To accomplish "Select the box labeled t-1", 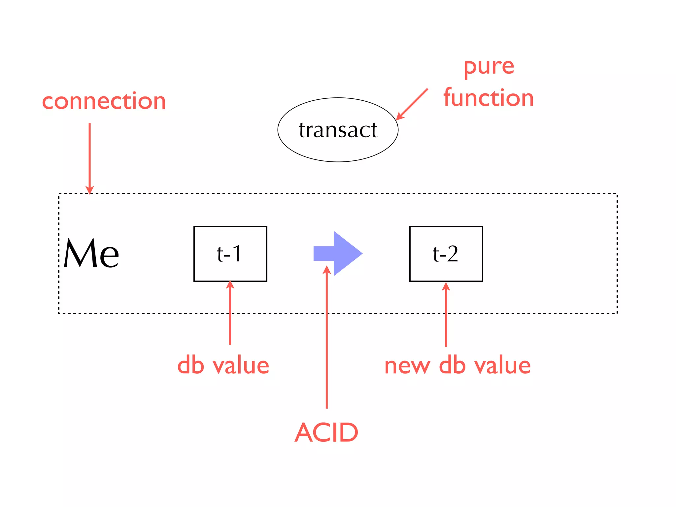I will pos(230,253).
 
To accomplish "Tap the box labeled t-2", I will pos(446,253).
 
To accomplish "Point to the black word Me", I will pos(91,253).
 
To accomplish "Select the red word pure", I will pos(489,67).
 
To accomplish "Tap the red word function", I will pos(489,98).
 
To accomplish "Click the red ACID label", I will pos(326,432).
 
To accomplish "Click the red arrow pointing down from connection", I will pos(89,155).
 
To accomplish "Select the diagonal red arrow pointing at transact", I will pos(413,104).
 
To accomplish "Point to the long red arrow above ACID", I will pos(326,337).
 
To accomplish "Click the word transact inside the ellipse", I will pos(338,130).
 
